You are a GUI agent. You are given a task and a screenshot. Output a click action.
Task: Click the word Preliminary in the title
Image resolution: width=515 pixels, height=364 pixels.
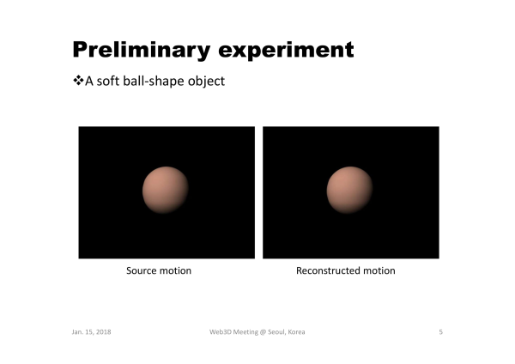tap(142, 51)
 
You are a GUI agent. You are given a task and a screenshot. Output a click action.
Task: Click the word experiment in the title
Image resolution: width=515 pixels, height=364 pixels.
tap(286, 51)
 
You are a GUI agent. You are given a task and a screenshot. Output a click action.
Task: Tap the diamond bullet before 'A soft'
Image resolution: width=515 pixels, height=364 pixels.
tap(78, 80)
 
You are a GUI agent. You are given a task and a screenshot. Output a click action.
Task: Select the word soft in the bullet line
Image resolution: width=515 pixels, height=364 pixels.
tap(108, 81)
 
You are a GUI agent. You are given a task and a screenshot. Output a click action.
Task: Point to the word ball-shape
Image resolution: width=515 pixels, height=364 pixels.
tap(154, 82)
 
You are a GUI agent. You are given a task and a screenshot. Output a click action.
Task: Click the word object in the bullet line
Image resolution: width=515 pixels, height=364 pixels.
tap(206, 82)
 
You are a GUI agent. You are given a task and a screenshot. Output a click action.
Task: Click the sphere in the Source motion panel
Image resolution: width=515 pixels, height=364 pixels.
tap(165, 190)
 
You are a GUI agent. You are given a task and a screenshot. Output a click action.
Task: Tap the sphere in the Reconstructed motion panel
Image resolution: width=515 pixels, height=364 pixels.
tap(349, 190)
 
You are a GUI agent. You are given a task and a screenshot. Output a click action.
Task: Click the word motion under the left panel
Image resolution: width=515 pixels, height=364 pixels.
tap(176, 270)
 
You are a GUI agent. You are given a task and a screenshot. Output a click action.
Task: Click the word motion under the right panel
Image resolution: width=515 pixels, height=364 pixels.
tap(379, 270)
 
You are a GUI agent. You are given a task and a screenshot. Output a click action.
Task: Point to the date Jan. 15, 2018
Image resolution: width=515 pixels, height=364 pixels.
tap(91, 331)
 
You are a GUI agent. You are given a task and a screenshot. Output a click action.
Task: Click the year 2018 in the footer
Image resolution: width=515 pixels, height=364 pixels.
tap(104, 331)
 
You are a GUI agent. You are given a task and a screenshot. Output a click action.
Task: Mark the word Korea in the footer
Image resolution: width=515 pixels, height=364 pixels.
tap(296, 331)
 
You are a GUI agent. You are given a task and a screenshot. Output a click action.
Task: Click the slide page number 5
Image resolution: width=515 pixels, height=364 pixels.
tap(441, 331)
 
